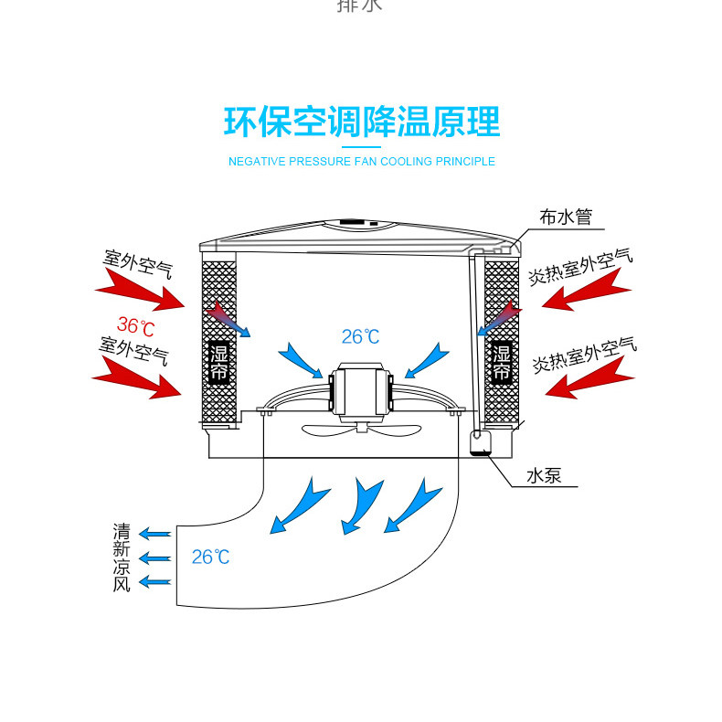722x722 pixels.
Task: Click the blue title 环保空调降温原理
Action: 362,122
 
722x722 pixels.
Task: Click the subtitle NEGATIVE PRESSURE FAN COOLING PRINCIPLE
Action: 362,162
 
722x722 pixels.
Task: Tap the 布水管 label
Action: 566,218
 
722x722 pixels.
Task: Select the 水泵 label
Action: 544,476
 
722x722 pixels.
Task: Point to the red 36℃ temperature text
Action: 135,324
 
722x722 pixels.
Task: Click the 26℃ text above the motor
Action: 360,337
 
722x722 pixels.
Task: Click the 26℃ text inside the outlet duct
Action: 210,557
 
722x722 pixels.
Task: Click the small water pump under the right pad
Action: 479,443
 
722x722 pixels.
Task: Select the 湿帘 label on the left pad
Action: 218,363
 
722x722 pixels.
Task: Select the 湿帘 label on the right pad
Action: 502,363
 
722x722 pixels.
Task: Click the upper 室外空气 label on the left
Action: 137,265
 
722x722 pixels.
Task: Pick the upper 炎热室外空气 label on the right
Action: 579,265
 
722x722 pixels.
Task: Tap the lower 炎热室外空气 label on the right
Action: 584,356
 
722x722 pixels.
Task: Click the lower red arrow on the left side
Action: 137,377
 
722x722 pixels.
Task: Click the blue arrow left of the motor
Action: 303,359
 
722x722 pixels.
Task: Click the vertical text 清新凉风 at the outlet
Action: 122,557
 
